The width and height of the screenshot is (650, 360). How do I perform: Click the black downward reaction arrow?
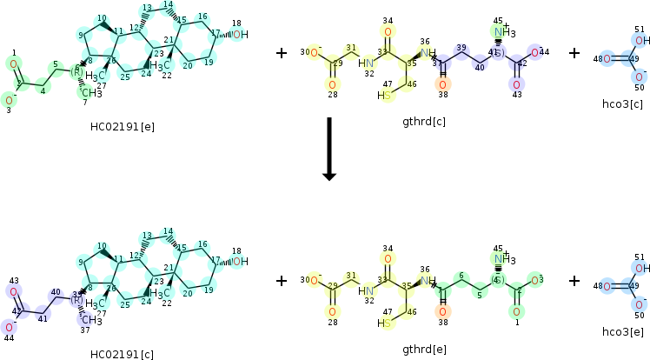[328, 148]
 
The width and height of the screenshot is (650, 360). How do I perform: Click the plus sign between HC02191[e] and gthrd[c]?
[282, 54]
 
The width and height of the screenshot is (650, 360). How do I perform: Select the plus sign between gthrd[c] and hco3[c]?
[574, 54]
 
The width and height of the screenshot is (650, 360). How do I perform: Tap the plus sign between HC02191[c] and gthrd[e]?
[282, 281]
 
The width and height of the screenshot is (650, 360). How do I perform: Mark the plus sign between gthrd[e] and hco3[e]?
[574, 281]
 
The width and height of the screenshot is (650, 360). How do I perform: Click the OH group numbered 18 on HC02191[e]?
[240, 35]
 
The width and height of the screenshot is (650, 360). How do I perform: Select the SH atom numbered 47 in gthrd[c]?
[384, 96]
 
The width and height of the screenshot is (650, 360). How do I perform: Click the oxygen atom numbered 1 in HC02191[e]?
[13, 63]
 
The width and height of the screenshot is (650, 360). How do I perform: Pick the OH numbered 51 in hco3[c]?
[640, 40]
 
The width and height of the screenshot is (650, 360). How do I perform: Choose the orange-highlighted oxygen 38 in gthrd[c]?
[443, 84]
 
